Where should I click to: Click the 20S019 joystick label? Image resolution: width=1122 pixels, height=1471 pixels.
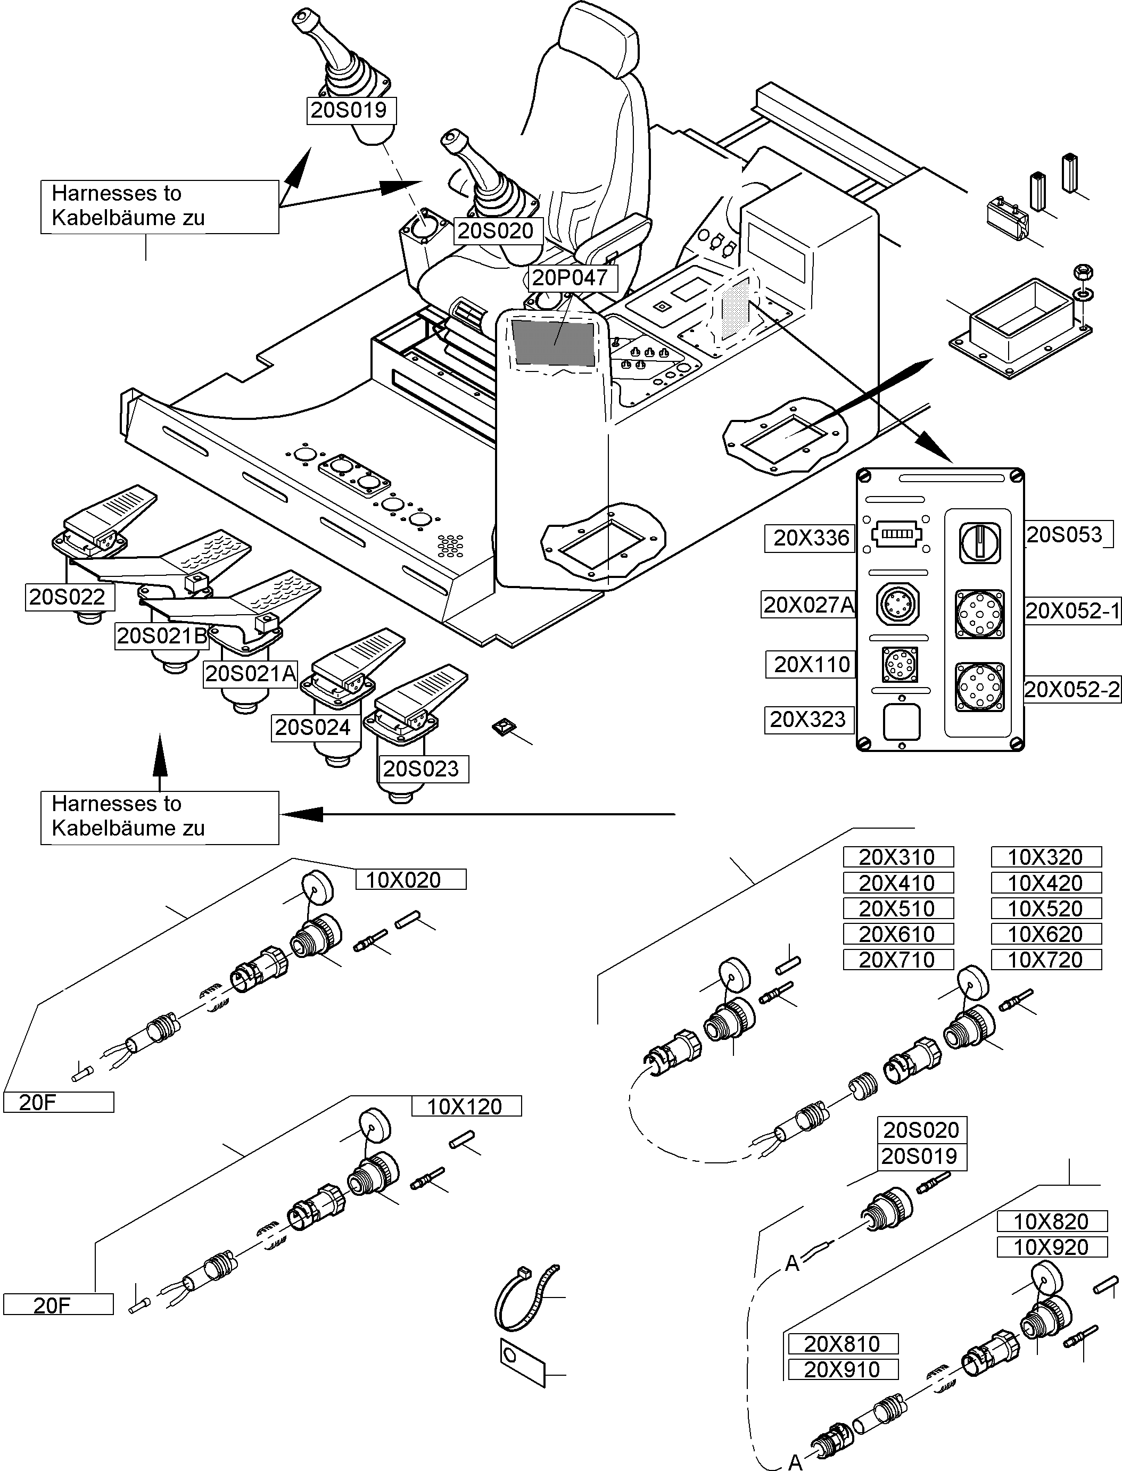[350, 110]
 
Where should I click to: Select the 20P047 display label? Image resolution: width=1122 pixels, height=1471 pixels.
[570, 278]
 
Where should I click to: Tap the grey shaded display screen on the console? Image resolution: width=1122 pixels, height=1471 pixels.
[553, 342]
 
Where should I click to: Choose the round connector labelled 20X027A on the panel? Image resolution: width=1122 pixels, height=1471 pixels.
[897, 605]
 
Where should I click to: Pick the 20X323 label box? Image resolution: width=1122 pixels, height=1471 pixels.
[808, 720]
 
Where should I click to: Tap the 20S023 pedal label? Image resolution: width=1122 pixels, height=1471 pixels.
[422, 768]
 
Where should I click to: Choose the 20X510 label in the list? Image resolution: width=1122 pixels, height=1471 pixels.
[897, 909]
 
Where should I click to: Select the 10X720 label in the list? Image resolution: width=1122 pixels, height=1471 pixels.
[1045, 960]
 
